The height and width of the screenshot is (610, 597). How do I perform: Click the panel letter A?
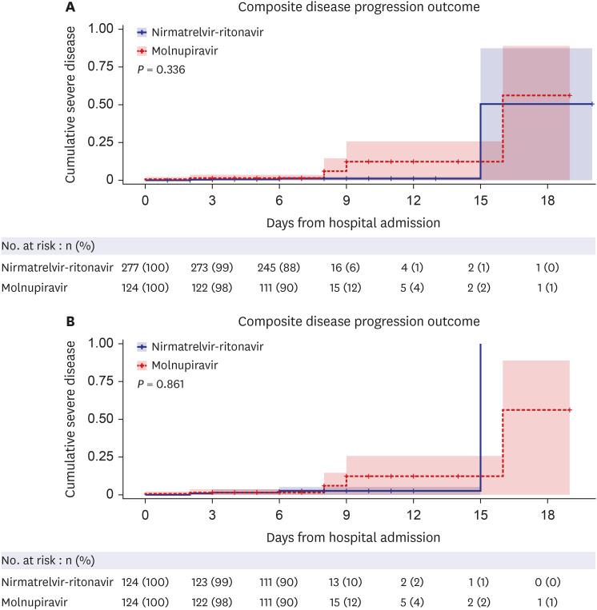[70, 8]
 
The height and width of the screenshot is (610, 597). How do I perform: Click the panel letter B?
[70, 322]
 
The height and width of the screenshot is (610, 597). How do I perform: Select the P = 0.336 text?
[162, 70]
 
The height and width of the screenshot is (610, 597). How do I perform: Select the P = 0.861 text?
[162, 384]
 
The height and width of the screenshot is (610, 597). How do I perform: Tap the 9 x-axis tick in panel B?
[346, 513]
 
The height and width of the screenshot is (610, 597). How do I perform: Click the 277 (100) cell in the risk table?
[145, 266]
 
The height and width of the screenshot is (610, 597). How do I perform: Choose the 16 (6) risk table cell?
[346, 266]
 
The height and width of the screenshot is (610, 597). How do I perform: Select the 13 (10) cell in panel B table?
[346, 580]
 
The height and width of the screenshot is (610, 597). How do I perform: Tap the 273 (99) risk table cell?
[211, 266]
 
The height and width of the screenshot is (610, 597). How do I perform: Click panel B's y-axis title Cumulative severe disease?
[70, 418]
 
